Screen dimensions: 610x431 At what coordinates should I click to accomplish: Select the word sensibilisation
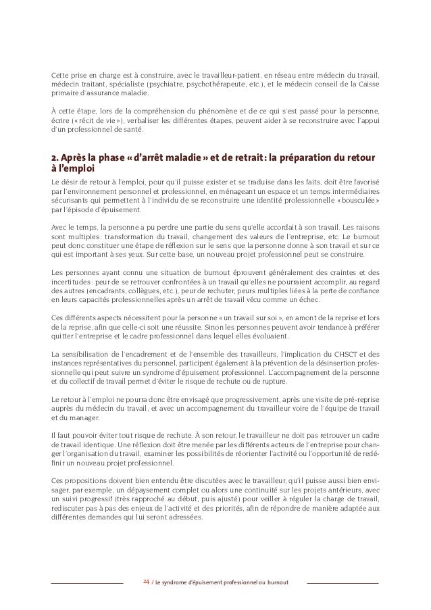(x=83, y=353)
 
